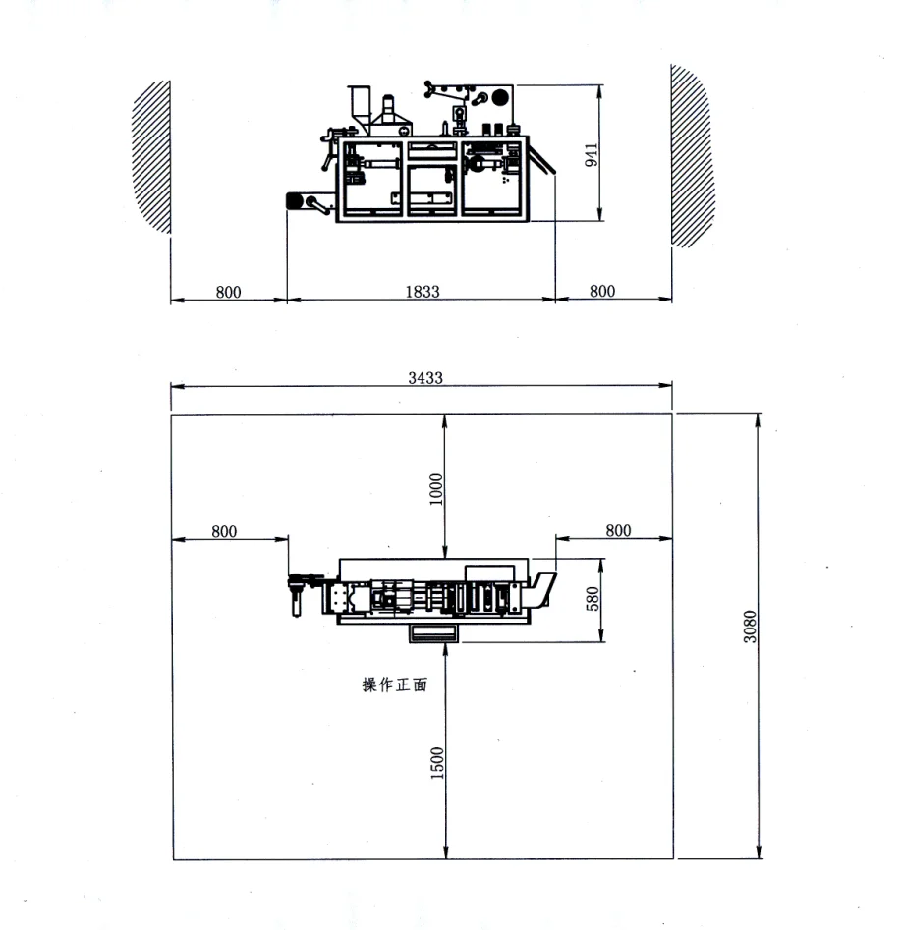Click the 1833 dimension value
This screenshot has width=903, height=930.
point(423,292)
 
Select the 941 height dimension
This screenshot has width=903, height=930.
point(592,154)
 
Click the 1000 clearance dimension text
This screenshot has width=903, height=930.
point(437,488)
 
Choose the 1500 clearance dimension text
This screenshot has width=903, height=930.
point(437,762)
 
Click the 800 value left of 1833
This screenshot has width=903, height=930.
point(228,292)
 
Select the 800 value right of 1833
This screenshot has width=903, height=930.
point(602,292)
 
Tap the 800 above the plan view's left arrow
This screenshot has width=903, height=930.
point(224,531)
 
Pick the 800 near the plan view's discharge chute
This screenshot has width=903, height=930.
point(618,531)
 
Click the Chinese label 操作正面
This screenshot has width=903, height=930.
point(395,685)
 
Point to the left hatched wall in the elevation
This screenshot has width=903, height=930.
point(153,155)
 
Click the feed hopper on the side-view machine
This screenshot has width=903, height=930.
point(359,106)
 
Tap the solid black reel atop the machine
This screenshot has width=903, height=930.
point(501,98)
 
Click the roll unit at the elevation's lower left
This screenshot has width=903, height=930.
point(295,202)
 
